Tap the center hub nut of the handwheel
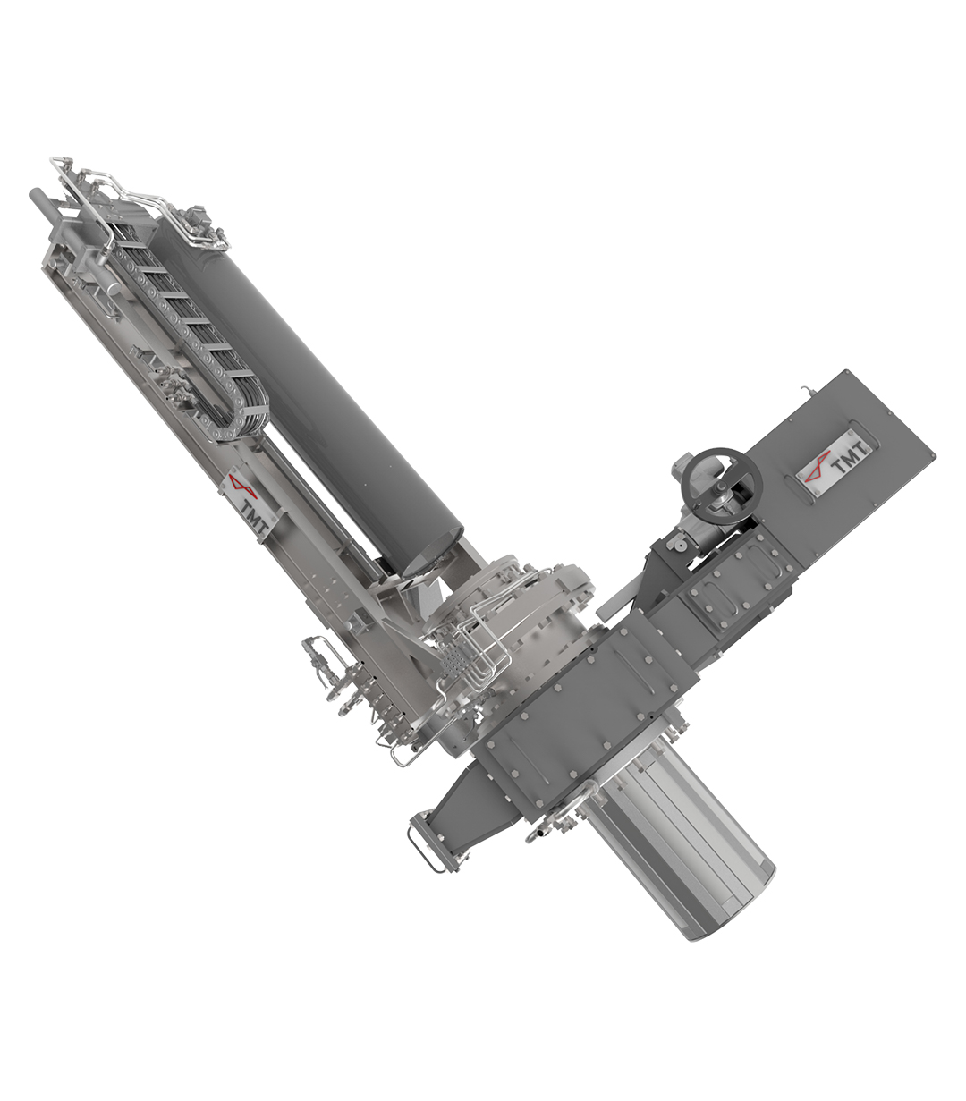point(722,486)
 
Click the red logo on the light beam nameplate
point(242,487)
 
